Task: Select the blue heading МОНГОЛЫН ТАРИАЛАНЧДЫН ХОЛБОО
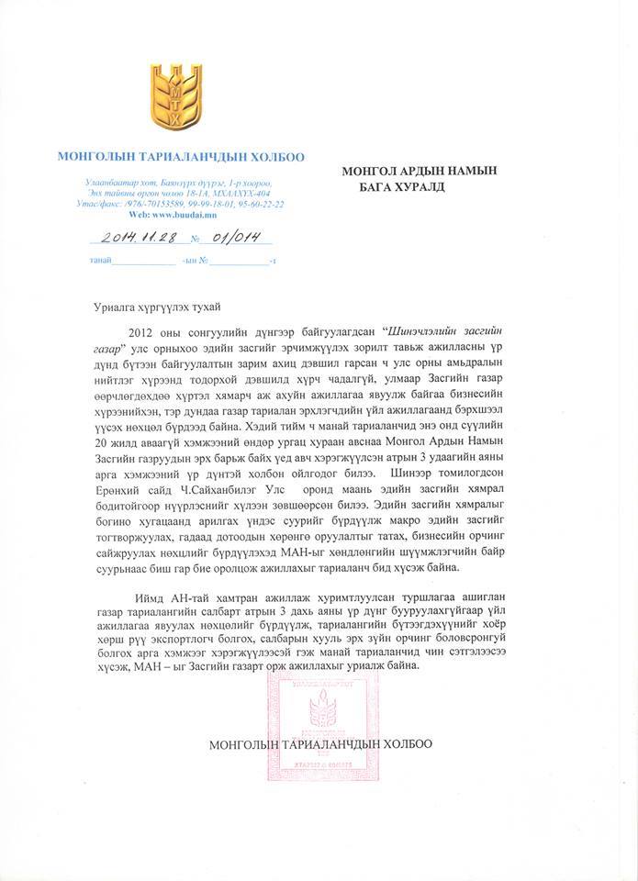pyautogui.click(x=181, y=157)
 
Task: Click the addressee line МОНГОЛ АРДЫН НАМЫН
pyautogui.click(x=419, y=171)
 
